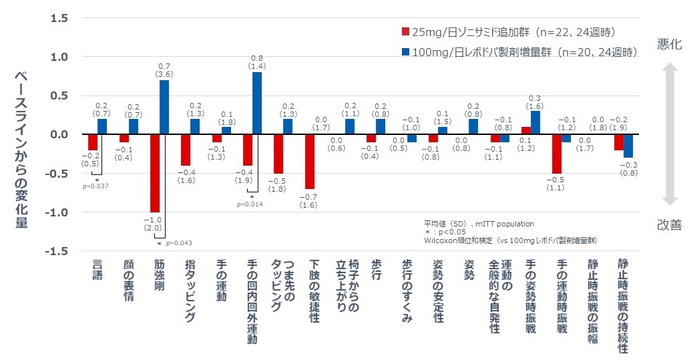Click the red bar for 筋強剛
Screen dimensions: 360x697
click(x=155, y=173)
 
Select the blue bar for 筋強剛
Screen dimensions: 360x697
click(x=164, y=108)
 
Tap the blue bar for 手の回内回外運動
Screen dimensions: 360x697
click(x=257, y=104)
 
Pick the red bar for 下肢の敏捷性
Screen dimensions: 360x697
click(x=310, y=162)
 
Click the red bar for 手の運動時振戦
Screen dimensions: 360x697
click(x=557, y=154)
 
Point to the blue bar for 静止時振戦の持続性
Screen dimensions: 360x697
click(x=628, y=146)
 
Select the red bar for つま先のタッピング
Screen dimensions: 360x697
click(x=278, y=154)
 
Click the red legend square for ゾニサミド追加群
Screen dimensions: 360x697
click(x=405, y=32)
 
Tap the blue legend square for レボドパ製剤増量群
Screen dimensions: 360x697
click(x=405, y=51)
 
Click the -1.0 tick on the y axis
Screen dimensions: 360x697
click(x=58, y=212)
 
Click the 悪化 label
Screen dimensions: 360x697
click(x=669, y=45)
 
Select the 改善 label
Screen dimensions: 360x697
click(x=669, y=225)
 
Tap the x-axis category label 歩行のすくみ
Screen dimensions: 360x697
click(x=407, y=291)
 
